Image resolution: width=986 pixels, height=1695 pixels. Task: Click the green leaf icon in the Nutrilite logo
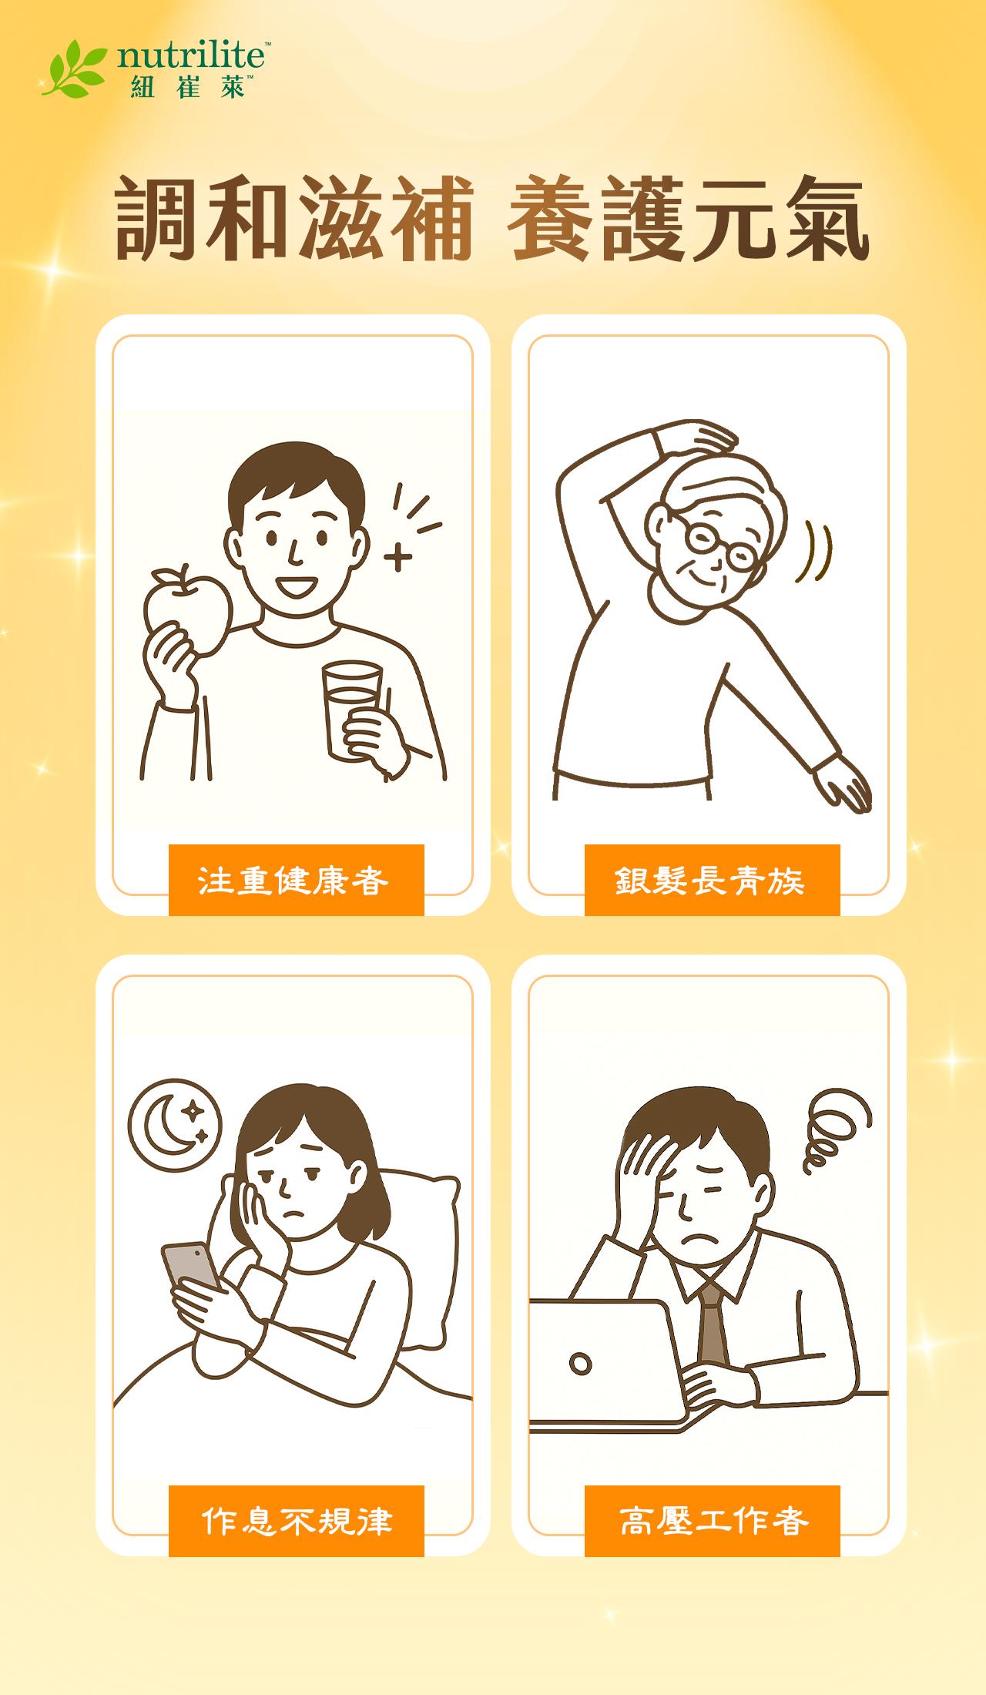(74, 72)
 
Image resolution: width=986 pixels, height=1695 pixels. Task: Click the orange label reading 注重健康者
(296, 880)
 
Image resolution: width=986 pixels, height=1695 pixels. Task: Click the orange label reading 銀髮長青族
(712, 880)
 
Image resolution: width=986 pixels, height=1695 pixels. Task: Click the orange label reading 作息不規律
(296, 1521)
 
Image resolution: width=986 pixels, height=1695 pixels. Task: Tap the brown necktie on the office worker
(713, 1325)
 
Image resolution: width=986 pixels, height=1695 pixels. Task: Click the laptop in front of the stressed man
(601, 1364)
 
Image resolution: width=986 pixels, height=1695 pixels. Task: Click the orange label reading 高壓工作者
(712, 1521)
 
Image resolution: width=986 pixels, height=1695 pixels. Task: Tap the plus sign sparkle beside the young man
(397, 557)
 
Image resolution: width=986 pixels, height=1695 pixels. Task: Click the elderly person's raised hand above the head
(705, 435)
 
